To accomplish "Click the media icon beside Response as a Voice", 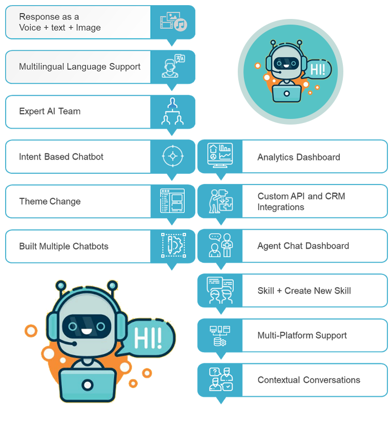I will click(173, 22).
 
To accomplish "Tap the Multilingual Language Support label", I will click(79, 67).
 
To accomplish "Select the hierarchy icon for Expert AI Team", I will click(173, 111).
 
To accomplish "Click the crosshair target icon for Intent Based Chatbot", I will click(173, 156).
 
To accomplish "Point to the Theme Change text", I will click(50, 201).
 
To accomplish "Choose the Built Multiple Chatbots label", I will click(64, 246).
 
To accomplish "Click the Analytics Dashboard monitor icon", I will click(220, 156).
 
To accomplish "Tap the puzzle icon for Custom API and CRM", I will click(220, 201).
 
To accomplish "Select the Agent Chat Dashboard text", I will click(303, 246).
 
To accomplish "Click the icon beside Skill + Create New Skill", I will click(220, 290).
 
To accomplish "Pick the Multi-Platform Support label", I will click(302, 335).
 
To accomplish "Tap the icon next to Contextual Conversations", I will click(220, 380).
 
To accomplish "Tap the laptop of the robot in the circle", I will click(286, 92).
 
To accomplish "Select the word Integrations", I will click(280, 207).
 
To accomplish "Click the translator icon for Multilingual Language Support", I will click(173, 67).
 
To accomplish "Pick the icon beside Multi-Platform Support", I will click(220, 335).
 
